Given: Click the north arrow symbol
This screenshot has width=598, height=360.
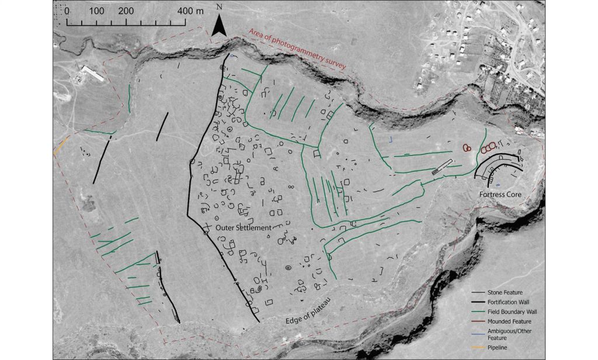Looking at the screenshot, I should pyautogui.click(x=219, y=26).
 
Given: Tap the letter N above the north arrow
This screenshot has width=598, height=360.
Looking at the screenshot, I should pyautogui.click(x=219, y=7).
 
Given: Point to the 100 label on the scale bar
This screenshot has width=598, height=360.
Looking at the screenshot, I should pyautogui.click(x=97, y=11).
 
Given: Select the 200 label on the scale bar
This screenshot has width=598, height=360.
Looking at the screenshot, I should pyautogui.click(x=126, y=11).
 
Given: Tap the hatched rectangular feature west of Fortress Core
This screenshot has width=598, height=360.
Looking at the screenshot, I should pyautogui.click(x=442, y=168).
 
